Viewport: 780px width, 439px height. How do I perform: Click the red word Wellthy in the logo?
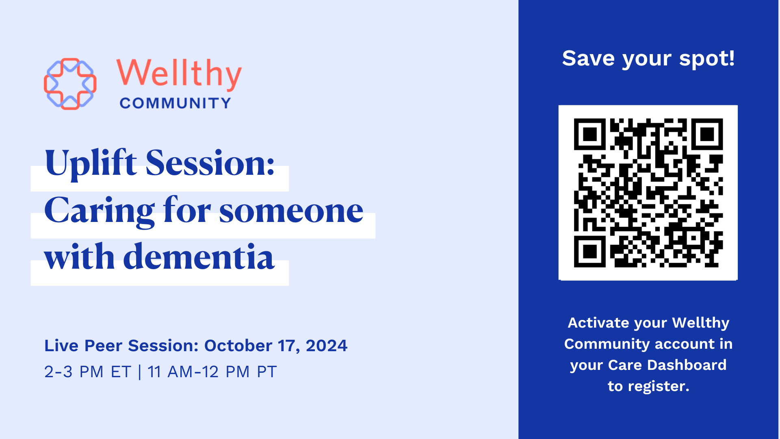pos(179,74)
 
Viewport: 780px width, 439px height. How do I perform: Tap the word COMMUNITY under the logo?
pos(175,103)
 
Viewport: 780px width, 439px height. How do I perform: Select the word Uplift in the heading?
pos(91,163)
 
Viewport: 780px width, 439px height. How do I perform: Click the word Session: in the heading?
pos(210,163)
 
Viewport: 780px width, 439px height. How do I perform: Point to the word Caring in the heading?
pos(100,211)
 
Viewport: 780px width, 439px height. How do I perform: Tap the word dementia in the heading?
pos(199,257)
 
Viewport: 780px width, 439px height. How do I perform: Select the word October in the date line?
pos(238,346)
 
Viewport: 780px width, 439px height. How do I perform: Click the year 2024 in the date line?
pos(327,346)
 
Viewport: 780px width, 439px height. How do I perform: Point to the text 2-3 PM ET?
pos(88,372)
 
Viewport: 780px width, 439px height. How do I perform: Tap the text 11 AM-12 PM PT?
pos(212,372)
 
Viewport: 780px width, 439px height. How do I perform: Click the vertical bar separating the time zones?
pos(140,372)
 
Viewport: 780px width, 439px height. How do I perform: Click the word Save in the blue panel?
pos(588,59)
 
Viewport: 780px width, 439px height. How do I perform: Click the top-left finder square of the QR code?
pos(590,134)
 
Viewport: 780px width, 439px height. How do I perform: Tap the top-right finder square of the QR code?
pos(707,134)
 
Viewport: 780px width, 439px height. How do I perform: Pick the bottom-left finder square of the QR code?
pos(590,251)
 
